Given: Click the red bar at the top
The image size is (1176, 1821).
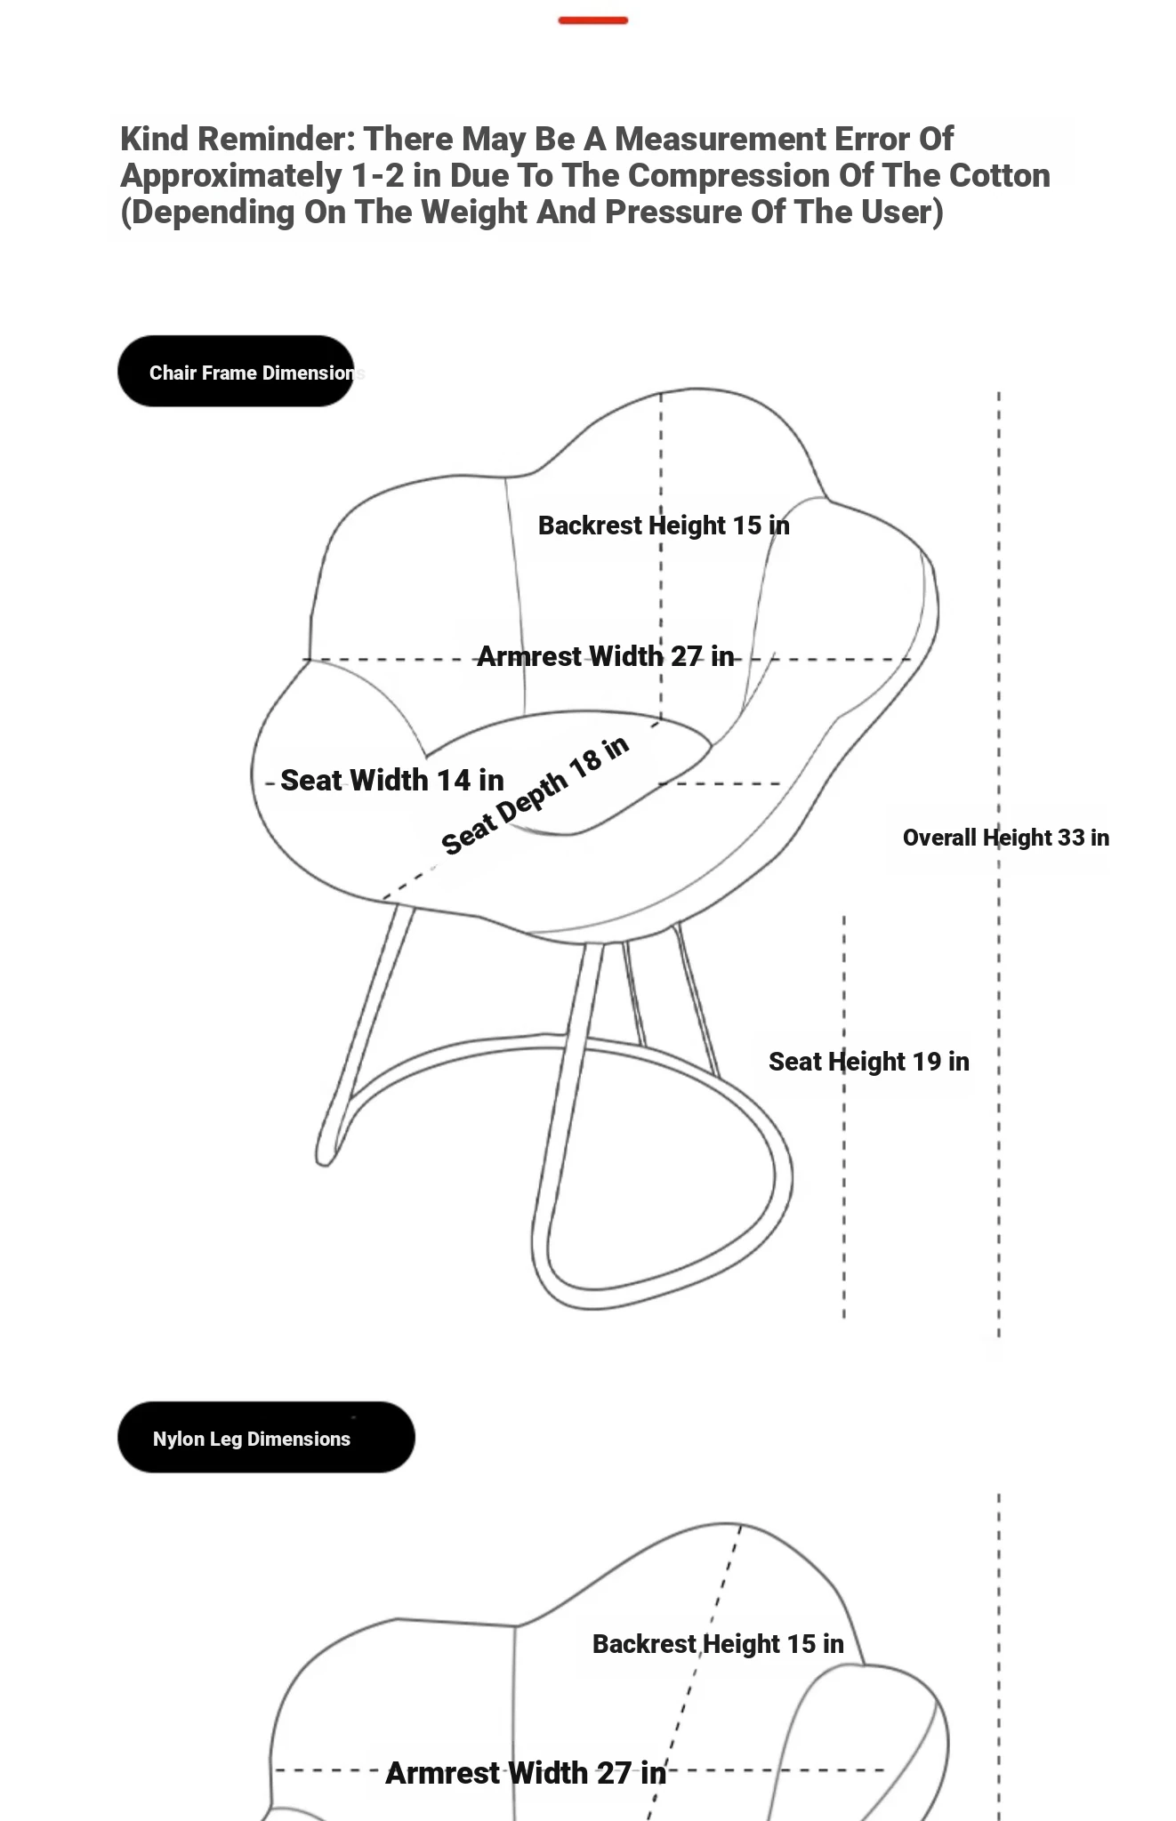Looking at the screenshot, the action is click(x=593, y=20).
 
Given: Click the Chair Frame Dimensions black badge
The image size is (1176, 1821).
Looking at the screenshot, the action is click(x=236, y=372).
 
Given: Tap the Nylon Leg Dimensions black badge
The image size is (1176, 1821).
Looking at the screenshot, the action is click(x=266, y=1438).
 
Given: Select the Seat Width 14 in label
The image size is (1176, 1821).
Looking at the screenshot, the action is click(x=392, y=780).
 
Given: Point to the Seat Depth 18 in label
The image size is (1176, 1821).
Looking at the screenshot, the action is click(x=536, y=794).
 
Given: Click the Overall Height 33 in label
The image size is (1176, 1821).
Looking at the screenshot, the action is click(x=1006, y=838).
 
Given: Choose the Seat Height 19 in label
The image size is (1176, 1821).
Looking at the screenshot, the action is click(x=869, y=1062).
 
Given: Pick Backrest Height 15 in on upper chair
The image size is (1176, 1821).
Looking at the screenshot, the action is click(x=664, y=525).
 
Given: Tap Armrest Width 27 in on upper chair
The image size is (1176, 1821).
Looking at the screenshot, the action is click(x=606, y=656).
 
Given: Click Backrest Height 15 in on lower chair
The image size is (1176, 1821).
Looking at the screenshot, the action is click(x=718, y=1644).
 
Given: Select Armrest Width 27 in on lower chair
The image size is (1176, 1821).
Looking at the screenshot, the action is click(x=526, y=1773).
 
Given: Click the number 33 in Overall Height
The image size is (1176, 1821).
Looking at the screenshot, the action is click(x=1071, y=838).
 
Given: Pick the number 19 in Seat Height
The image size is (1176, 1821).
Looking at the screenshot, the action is click(x=927, y=1062).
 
